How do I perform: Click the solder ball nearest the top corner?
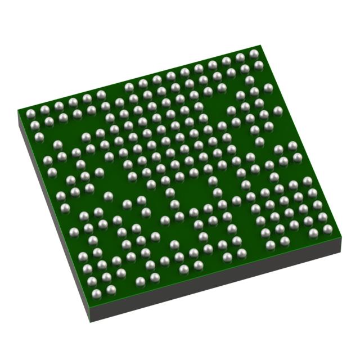(254, 53)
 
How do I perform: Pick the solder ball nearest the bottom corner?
(111, 290)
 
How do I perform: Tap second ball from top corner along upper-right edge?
(259, 65)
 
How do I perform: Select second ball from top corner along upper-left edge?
(240, 57)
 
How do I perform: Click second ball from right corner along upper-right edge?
(322, 217)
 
